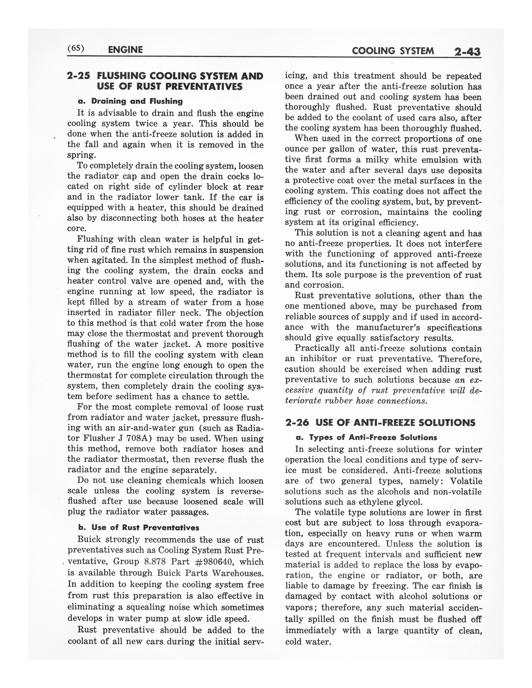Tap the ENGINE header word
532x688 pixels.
coord(125,50)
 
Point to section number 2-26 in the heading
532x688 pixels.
coord(297,422)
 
